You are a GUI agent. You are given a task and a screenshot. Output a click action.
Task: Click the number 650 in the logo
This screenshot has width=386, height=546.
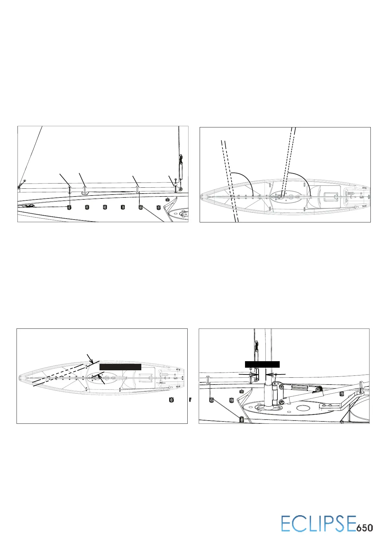pyautogui.click(x=365, y=528)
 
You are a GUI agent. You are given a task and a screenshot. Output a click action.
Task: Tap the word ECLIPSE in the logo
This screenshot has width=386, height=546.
pyautogui.click(x=319, y=524)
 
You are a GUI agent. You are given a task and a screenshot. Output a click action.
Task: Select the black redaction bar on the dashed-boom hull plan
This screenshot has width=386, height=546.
pyautogui.click(x=120, y=367)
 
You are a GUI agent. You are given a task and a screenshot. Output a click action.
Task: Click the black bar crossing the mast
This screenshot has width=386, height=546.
pyautogui.click(x=262, y=364)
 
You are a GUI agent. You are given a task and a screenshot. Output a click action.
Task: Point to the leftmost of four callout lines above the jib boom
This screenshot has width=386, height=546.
pyautogui.click(x=64, y=179)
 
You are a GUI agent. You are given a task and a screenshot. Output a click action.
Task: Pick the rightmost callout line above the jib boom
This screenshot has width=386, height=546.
pyautogui.click(x=171, y=180)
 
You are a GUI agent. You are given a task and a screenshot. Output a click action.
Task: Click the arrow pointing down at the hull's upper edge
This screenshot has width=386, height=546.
pyautogui.click(x=90, y=359)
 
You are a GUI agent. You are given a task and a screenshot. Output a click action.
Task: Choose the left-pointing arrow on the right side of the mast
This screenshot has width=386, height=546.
pyautogui.click(x=275, y=374)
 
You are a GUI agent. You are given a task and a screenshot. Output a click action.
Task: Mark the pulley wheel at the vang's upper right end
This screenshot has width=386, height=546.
pyautogui.click(x=319, y=389)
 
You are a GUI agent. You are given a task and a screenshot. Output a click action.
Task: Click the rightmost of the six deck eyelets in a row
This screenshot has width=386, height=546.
pyautogui.click(x=158, y=207)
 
